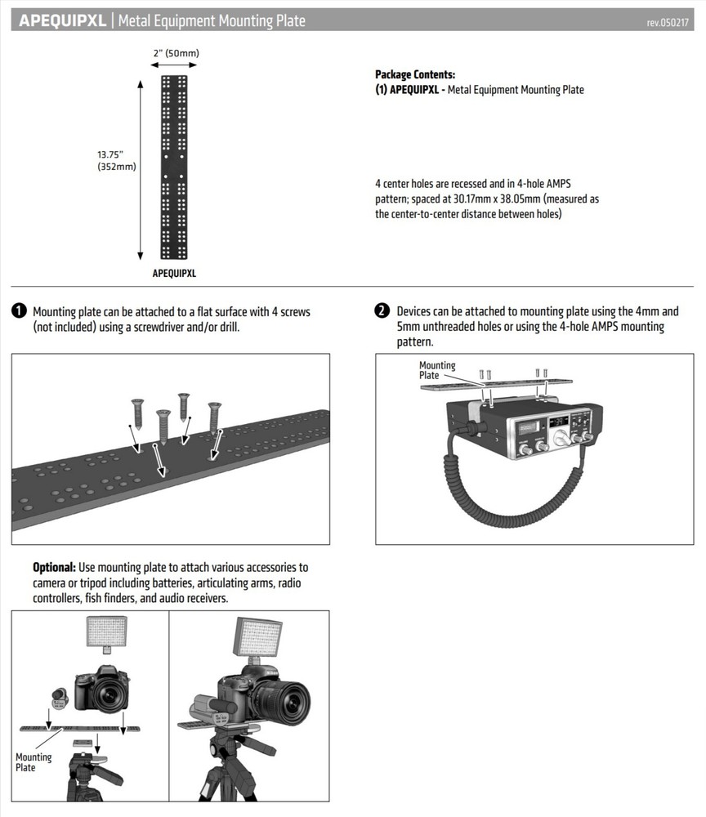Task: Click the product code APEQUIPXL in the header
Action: [62, 20]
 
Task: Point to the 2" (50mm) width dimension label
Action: [176, 54]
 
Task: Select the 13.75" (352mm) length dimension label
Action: [116, 160]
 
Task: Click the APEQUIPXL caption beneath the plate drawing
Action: [174, 274]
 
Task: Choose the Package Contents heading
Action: [414, 74]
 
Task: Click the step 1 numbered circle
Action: [19, 311]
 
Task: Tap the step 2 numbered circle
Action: [382, 311]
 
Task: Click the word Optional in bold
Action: [54, 567]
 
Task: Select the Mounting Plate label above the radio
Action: [437, 370]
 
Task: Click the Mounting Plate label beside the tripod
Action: [34, 762]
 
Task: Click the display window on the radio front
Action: [557, 422]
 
